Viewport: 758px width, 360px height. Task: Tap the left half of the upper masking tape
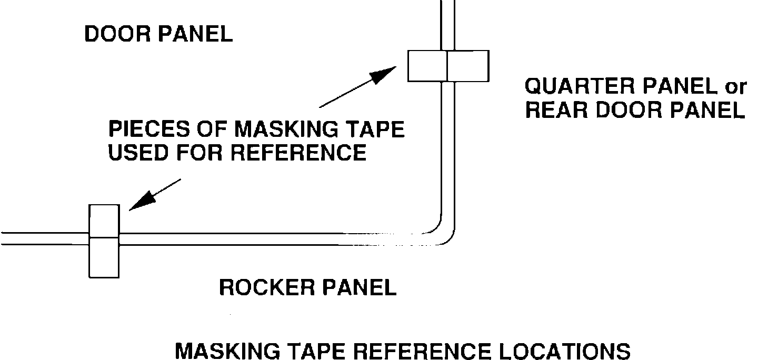click(427, 66)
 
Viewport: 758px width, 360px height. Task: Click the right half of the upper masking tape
click(468, 66)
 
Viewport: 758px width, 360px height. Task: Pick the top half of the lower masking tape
click(104, 221)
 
